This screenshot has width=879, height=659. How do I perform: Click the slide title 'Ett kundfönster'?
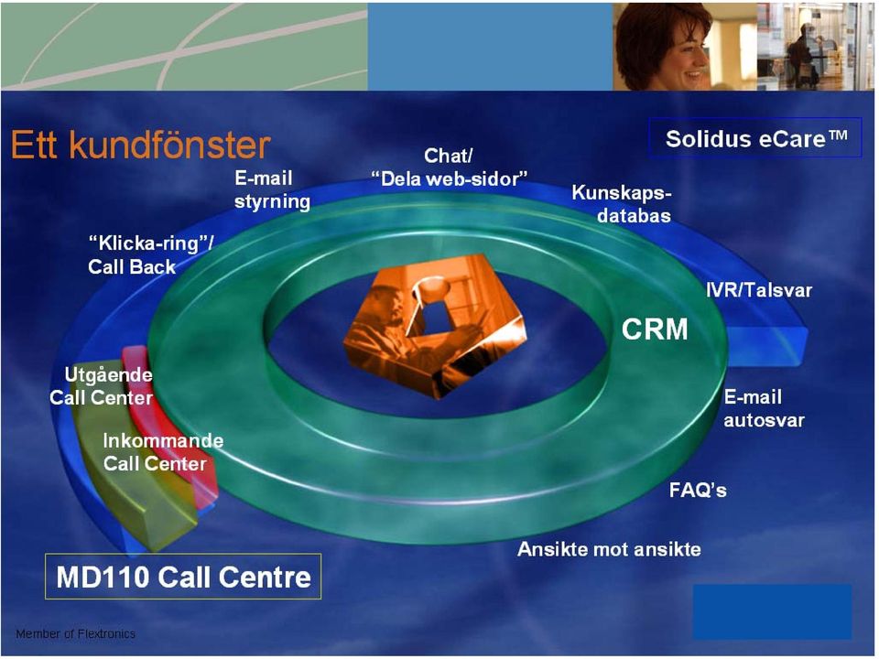click(x=141, y=146)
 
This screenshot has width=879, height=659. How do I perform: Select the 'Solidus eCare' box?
click(x=755, y=138)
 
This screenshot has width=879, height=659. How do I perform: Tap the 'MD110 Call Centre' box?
click(x=183, y=577)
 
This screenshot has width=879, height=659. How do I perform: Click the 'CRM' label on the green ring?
click(x=655, y=329)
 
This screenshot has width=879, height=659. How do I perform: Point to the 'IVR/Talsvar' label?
click(x=759, y=290)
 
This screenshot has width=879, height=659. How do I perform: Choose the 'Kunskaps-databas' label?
click(x=622, y=204)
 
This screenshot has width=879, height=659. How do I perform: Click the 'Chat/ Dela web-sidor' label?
click(x=449, y=167)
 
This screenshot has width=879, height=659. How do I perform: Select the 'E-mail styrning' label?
click(x=272, y=189)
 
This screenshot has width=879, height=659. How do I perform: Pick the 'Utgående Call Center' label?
click(x=101, y=386)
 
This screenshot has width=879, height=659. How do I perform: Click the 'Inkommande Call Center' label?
click(x=163, y=451)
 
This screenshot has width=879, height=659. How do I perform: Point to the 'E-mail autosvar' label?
click(x=764, y=408)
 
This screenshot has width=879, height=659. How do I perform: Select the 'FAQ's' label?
click(x=698, y=491)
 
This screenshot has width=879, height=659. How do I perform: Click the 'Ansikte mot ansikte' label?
click(x=609, y=549)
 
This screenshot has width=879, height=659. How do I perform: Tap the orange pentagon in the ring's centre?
click(x=436, y=325)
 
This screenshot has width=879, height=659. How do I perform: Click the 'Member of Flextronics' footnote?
click(x=76, y=633)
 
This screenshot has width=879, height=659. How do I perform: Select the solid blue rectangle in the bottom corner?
click(x=773, y=611)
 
